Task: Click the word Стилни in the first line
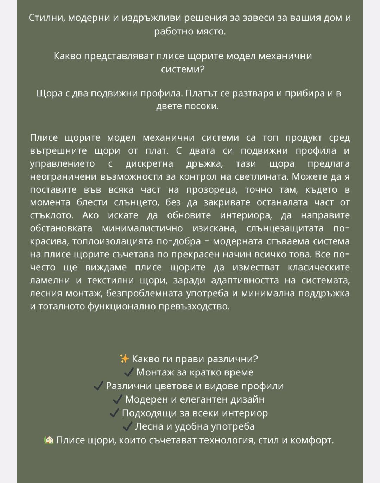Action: click(x=45, y=18)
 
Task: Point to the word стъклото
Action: click(x=52, y=215)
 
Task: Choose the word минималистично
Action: click(x=142, y=228)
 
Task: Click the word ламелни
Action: click(x=49, y=280)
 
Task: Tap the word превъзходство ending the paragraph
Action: click(x=194, y=306)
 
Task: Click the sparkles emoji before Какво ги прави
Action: click(x=124, y=359)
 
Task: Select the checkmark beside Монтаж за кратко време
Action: click(x=129, y=372)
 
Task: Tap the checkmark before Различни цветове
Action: click(x=98, y=386)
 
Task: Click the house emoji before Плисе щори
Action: click(x=49, y=440)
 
